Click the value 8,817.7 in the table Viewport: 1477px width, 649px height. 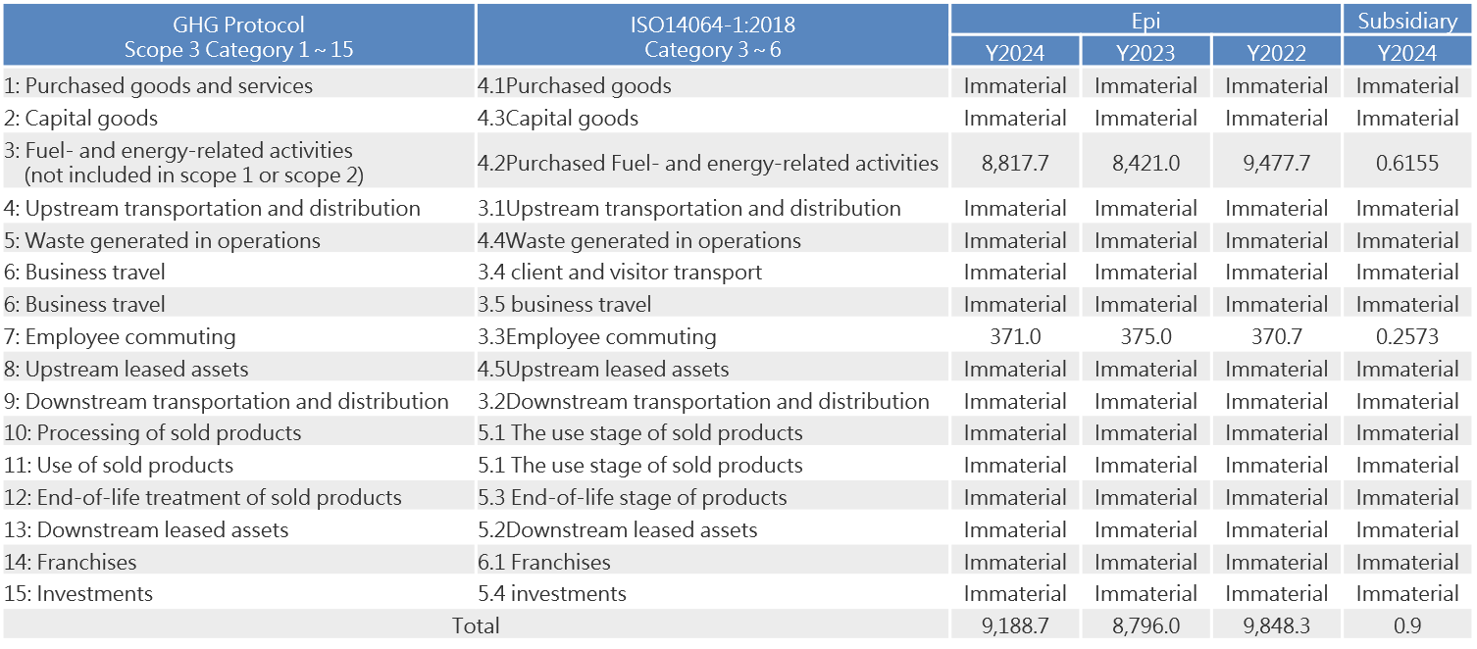[x=1015, y=163]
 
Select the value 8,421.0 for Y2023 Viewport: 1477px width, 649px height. [x=1146, y=163]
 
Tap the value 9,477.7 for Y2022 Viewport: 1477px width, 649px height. [x=1276, y=163]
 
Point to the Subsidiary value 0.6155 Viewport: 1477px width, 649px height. [x=1407, y=163]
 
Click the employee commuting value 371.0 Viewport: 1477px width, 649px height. [x=1015, y=337]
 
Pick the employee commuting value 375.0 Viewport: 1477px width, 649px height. [x=1146, y=337]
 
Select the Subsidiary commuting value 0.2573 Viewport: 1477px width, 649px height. [x=1407, y=337]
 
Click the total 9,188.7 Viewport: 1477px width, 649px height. [x=1015, y=625]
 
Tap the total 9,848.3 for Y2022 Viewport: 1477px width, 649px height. [x=1276, y=625]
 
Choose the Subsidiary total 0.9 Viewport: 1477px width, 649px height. [x=1407, y=625]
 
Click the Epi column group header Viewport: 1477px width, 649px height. [x=1146, y=20]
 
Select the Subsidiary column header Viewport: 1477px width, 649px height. [x=1407, y=20]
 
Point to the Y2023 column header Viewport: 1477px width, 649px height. [x=1146, y=52]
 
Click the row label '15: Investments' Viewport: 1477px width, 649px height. [x=78, y=594]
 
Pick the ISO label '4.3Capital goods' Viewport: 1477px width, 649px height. [x=557, y=119]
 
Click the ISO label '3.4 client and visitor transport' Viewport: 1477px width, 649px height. [x=620, y=273]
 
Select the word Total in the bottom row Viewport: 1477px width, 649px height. [x=476, y=625]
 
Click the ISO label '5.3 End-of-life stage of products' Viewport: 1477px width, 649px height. [x=633, y=498]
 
